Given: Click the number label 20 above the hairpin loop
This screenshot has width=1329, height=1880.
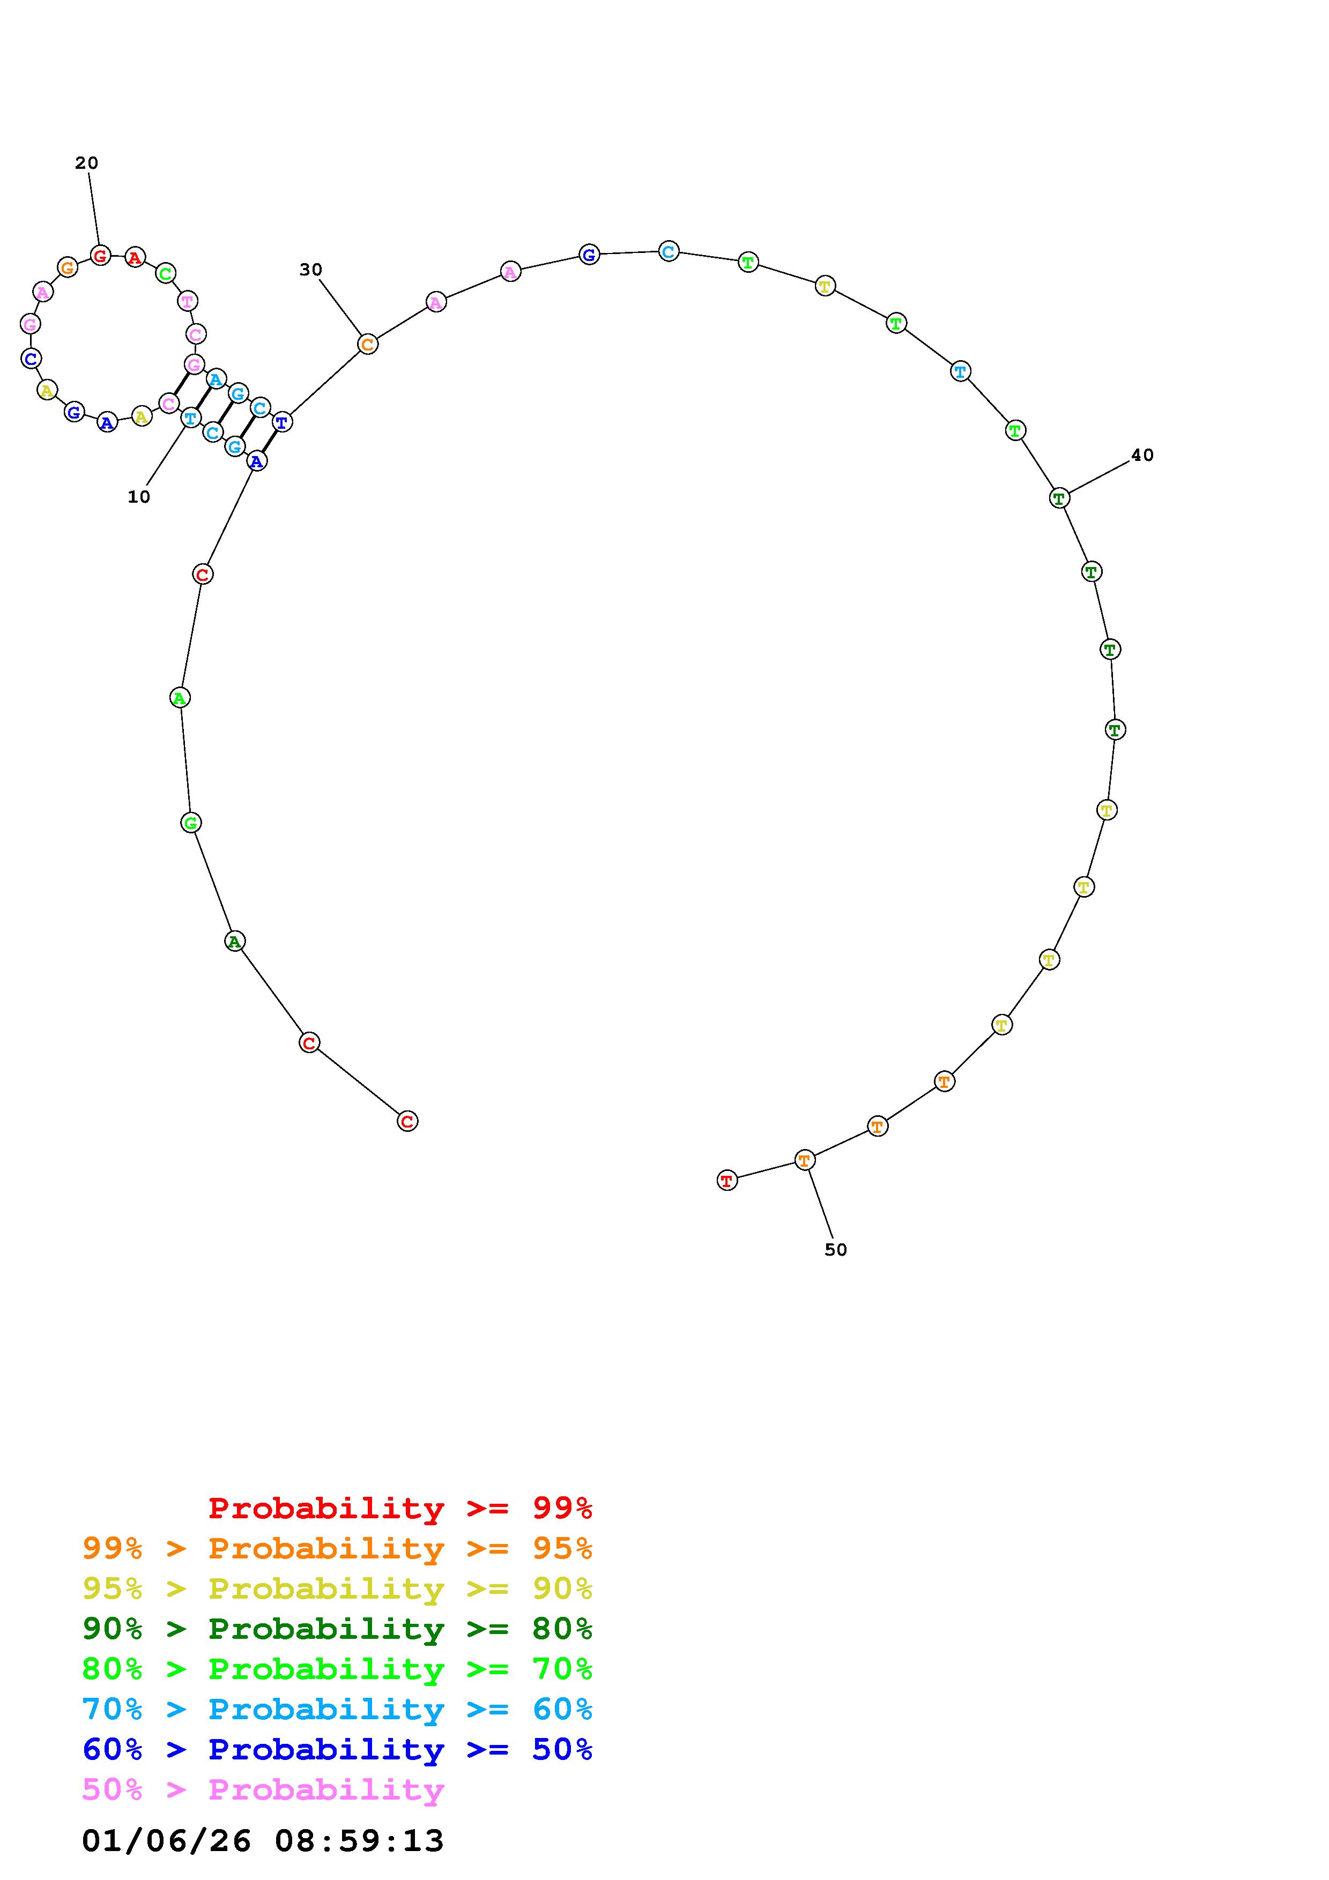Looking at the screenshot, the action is [87, 163].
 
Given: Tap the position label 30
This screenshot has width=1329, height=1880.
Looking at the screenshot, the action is [311, 270].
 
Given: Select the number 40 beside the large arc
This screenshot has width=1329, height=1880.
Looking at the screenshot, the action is [1142, 455].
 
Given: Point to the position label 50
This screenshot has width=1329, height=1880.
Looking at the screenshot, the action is [836, 1250].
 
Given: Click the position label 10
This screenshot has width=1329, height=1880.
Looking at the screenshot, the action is [139, 497].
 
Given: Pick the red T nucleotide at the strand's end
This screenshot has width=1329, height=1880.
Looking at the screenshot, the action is [727, 1180].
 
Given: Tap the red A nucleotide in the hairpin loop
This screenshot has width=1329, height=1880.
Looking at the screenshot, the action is [135, 258].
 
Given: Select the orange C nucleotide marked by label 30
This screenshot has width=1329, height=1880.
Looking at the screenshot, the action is [368, 345].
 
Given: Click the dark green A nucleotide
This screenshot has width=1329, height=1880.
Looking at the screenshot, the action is [235, 942].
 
